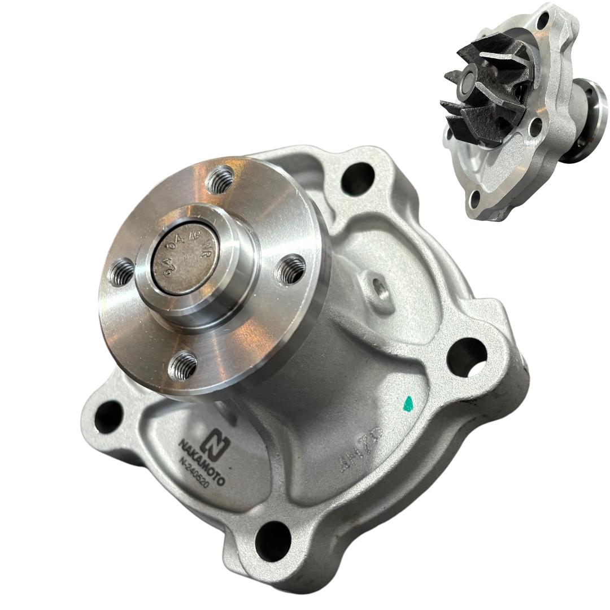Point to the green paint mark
408,402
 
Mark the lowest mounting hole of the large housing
274,534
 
